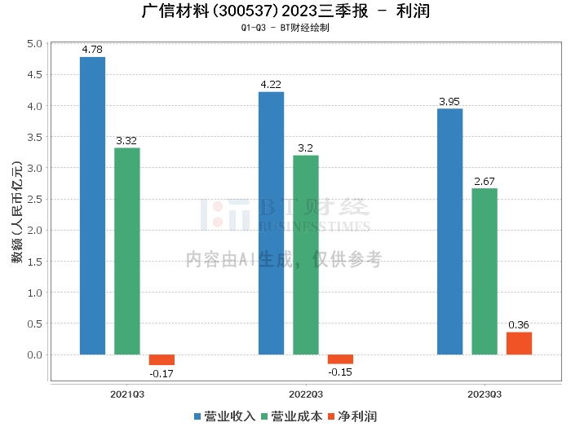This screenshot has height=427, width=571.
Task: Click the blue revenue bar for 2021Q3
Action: [92, 205]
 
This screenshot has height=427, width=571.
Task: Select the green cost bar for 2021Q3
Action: [126, 251]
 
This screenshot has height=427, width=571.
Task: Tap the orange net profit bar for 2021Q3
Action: [162, 359]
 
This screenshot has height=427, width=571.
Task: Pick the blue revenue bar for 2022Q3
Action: [271, 223]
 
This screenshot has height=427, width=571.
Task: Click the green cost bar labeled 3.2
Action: [306, 255]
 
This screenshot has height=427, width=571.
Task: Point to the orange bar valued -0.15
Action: [340, 359]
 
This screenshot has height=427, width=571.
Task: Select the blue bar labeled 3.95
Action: [449, 231]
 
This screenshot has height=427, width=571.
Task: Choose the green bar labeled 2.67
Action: [485, 271]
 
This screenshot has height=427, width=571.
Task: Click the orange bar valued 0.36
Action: [519, 343]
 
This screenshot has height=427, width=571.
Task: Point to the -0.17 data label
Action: [162, 373]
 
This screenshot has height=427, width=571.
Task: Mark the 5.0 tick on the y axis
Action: [33, 44]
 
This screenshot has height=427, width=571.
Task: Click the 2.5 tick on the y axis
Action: [33, 200]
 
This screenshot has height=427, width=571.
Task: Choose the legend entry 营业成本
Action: [291, 416]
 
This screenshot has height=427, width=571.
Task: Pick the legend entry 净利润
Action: [352, 416]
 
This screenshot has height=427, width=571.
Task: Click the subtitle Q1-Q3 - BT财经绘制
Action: [285, 27]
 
